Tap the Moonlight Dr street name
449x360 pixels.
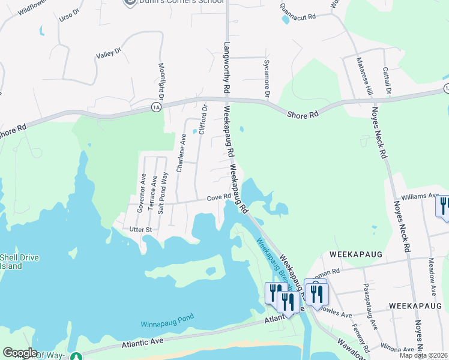point(161,82)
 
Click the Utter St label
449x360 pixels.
point(142,229)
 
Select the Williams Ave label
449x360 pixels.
point(420,196)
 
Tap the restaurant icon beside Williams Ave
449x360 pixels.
point(444,206)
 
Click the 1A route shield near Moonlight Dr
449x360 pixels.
point(157,107)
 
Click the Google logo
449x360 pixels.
point(20,353)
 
